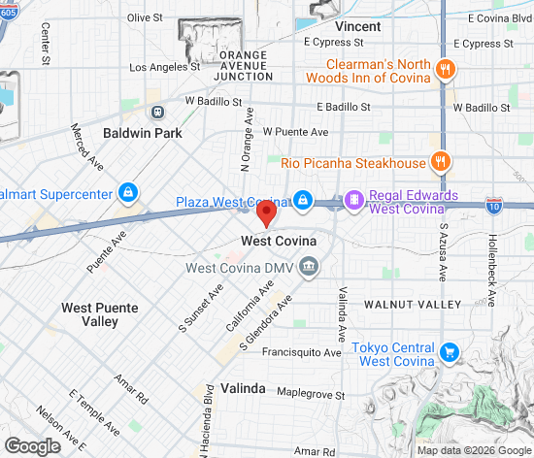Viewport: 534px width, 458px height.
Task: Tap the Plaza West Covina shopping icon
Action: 304,201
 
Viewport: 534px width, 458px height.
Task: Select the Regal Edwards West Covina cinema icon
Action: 354,201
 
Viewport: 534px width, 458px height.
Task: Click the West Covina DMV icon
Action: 309,266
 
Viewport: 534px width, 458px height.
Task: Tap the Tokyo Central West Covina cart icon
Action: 449,353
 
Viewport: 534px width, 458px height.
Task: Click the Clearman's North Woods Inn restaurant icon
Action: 446,69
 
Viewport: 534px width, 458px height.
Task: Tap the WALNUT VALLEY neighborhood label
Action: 413,305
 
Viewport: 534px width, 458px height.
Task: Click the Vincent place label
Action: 358,26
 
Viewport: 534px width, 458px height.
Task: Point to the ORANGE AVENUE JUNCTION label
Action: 243,66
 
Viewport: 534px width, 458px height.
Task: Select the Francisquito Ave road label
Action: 302,352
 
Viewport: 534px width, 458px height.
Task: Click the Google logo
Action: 31,445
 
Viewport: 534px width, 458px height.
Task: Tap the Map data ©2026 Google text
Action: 472,450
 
